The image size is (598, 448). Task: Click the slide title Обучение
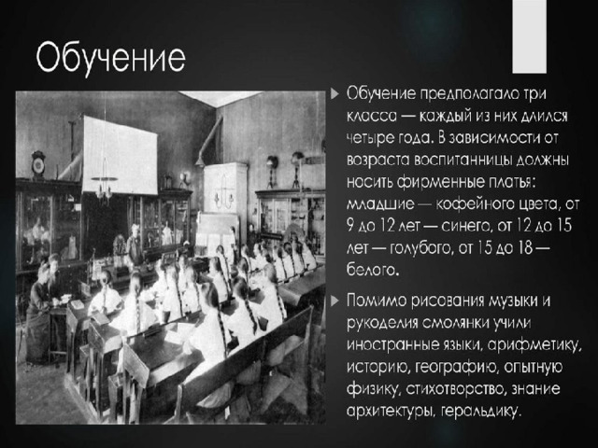click(x=111, y=58)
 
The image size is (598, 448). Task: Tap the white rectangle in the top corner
click(x=529, y=36)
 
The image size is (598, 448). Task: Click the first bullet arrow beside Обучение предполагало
click(x=335, y=93)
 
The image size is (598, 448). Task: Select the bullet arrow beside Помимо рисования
click(x=335, y=301)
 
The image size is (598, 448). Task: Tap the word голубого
click(x=416, y=248)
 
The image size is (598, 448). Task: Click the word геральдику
click(x=480, y=412)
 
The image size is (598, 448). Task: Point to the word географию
click(x=456, y=367)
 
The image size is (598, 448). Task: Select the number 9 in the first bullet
click(x=351, y=226)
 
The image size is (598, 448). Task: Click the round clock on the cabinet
click(x=38, y=164)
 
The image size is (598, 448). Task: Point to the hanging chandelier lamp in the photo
click(x=104, y=187)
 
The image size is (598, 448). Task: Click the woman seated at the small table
click(x=38, y=313)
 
